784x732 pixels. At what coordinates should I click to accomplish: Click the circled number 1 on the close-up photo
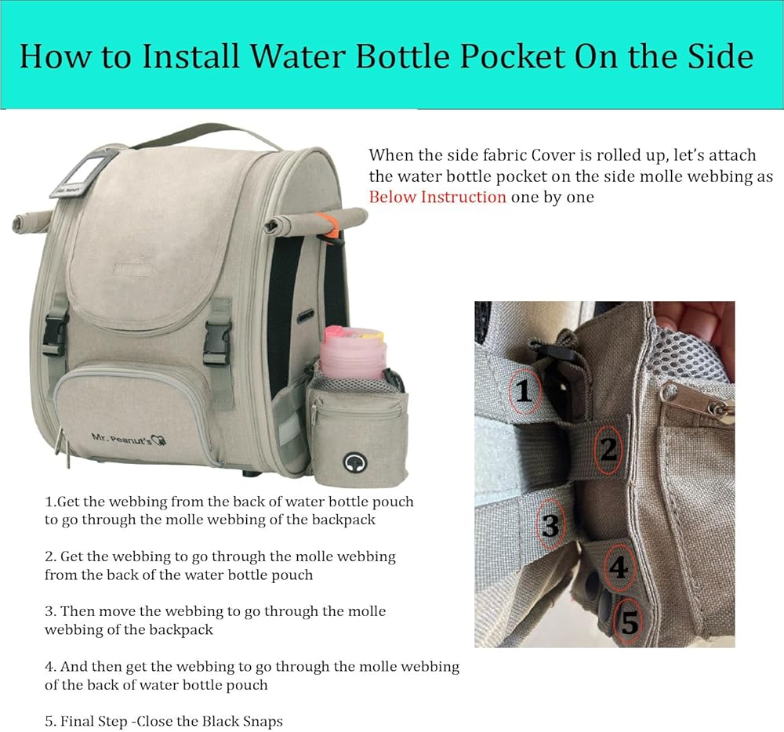[x=524, y=391]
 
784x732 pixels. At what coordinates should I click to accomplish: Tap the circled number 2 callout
[x=608, y=449]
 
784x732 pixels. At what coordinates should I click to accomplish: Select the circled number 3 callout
[x=550, y=526]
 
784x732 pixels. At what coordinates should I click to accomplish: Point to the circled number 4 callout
[x=619, y=567]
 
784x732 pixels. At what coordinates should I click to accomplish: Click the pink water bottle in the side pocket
[x=352, y=352]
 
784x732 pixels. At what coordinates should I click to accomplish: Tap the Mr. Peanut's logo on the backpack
[x=129, y=439]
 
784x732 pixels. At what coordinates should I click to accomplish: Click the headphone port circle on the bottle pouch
[x=354, y=462]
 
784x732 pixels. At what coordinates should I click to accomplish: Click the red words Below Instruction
[x=437, y=197]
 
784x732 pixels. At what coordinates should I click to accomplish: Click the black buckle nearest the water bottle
[x=217, y=342]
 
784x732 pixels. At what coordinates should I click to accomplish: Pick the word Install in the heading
[x=191, y=56]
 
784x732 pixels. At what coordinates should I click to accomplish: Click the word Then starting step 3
[x=75, y=611]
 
